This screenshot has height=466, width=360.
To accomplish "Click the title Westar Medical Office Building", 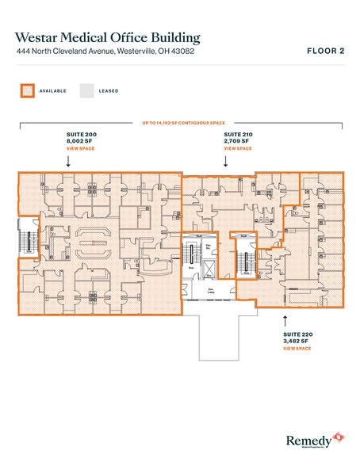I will [x=107, y=37].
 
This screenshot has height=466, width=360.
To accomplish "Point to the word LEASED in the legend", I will [x=109, y=91].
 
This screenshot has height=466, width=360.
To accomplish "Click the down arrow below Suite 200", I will [x=69, y=160].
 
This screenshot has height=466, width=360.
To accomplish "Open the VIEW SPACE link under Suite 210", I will [x=238, y=148].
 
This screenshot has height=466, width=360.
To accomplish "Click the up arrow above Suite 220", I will [x=285, y=321].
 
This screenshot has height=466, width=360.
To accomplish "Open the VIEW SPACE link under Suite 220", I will [x=297, y=348].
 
